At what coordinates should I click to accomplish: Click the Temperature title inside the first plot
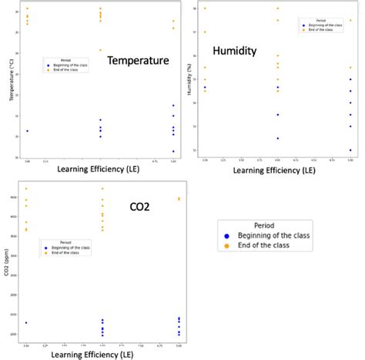138,61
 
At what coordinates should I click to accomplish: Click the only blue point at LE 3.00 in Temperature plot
28,131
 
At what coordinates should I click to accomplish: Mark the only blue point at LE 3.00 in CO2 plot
26,323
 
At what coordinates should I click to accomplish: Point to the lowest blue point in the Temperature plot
173,152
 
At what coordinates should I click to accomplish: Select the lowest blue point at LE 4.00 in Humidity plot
278,138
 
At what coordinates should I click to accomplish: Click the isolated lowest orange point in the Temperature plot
100,50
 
